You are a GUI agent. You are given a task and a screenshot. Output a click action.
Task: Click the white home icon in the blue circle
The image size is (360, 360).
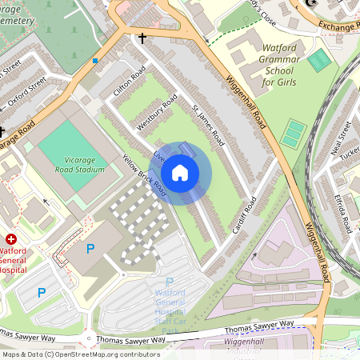pos(180,173)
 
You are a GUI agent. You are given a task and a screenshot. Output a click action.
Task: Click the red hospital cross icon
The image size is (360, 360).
pos(11,239)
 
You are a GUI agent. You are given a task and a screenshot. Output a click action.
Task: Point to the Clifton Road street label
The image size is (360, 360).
pos(130,82)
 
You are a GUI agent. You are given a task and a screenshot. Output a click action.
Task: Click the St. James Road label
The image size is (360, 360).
pos(207,124)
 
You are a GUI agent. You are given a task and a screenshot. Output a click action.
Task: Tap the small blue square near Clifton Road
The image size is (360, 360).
pos(96,61)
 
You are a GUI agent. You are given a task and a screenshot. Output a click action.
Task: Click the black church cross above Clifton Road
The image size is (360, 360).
pos(142,38)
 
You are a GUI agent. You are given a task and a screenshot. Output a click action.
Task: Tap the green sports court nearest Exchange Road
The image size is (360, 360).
pos(319,60)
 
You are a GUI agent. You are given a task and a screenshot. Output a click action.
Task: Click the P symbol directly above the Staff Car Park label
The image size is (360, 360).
pos(169,282)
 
